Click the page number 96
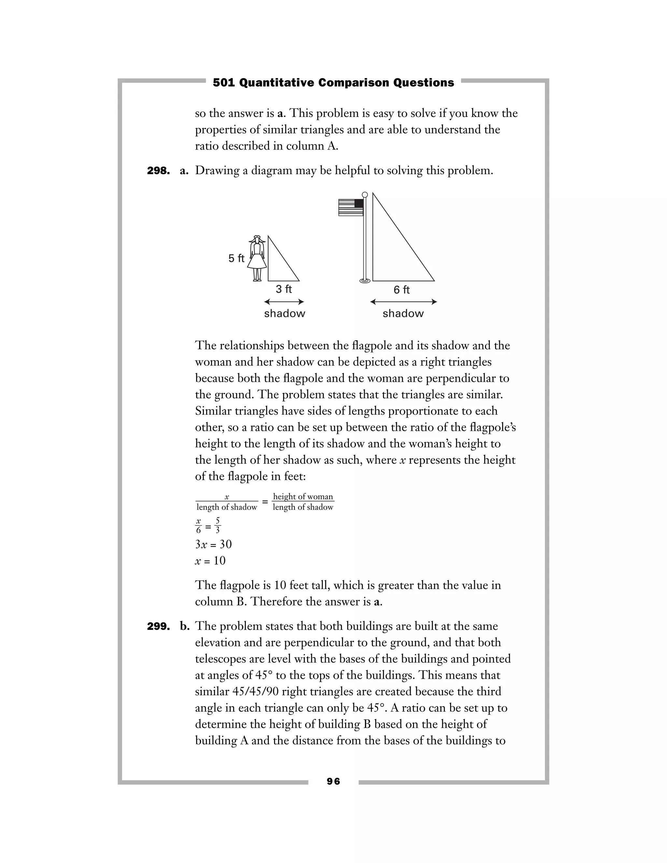click(x=333, y=781)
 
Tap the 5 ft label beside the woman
click(x=236, y=259)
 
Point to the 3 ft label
click(x=283, y=289)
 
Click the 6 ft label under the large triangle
click(x=402, y=290)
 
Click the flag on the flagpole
click(x=350, y=207)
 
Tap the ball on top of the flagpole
click(x=365, y=195)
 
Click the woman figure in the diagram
click(x=257, y=259)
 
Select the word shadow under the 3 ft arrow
click(x=285, y=314)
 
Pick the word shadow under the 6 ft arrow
click(x=403, y=314)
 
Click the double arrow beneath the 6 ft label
click(x=403, y=302)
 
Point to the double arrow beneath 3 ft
click(x=284, y=302)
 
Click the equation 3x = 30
click(x=213, y=545)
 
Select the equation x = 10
click(x=210, y=561)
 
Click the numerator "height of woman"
click(x=303, y=497)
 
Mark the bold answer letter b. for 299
click(x=185, y=626)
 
